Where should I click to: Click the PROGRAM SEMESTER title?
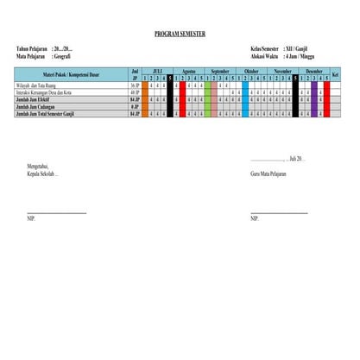pyautogui.click(x=180, y=34)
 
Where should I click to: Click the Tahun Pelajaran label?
pyautogui.click(x=32, y=49)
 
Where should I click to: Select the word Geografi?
pyautogui.click(x=63, y=55)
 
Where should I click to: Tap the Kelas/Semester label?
pyautogui.click(x=268, y=49)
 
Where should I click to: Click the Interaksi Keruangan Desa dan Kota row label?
pyautogui.click(x=47, y=92)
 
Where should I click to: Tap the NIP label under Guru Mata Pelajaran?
pyautogui.click(x=255, y=218)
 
